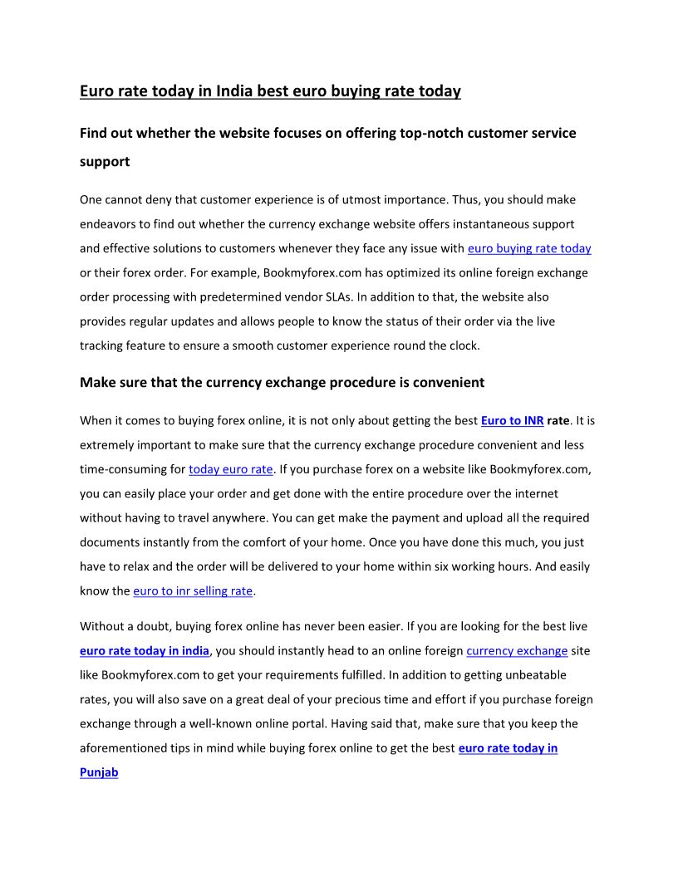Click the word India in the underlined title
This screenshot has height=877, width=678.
pos(234,91)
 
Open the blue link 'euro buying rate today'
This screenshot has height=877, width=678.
pos(529,248)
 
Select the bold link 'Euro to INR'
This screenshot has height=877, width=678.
pos(512,421)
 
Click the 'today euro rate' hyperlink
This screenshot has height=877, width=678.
pos(230,469)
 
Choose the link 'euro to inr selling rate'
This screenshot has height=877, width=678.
pos(193,591)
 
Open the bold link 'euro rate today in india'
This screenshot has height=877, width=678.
pos(145,651)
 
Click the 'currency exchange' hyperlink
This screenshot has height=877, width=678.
pos(517,651)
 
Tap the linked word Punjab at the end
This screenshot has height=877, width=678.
pos(99,772)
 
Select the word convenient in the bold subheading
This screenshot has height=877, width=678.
pos(447,383)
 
